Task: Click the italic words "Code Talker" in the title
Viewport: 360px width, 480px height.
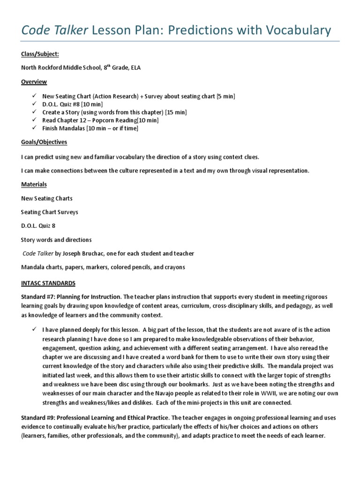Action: click(x=54, y=31)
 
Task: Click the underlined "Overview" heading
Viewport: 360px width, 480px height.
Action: click(x=34, y=82)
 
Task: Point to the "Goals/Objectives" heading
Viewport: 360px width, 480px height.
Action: click(x=44, y=142)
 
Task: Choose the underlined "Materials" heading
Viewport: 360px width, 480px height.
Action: click(x=34, y=184)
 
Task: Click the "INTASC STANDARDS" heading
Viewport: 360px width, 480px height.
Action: click(x=48, y=283)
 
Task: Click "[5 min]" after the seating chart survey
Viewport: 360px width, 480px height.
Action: click(x=224, y=97)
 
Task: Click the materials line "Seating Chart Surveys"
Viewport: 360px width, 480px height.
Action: click(x=50, y=212)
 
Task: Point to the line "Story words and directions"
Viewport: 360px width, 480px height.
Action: click(x=56, y=240)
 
